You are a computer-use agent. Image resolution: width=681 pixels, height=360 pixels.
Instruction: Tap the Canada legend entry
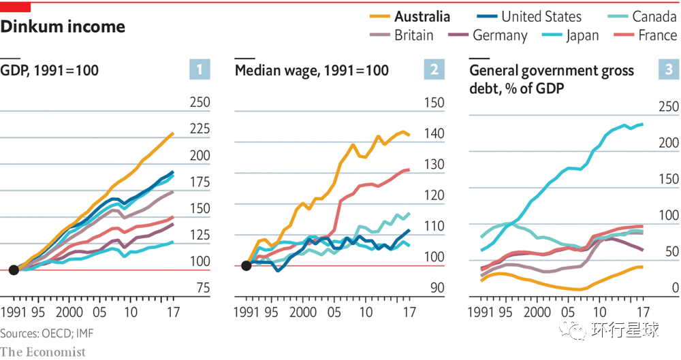tap(644, 16)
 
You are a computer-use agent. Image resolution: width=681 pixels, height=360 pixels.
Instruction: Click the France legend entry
tap(648, 35)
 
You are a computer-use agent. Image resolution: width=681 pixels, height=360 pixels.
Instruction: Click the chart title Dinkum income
tap(63, 27)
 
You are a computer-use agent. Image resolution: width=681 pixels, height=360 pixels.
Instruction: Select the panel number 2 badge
tap(434, 69)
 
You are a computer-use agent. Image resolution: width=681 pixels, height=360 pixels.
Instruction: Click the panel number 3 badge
tap(669, 69)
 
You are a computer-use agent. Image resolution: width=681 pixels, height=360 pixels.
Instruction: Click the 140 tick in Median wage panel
tap(434, 133)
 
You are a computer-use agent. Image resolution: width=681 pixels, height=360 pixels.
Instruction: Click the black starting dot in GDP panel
tap(13, 270)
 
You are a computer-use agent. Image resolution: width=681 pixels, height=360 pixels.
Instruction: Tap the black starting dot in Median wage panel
tap(247, 265)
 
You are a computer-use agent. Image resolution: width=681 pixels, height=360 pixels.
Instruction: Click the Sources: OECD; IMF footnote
tap(39, 333)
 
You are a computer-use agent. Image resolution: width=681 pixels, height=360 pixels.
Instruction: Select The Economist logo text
tap(43, 351)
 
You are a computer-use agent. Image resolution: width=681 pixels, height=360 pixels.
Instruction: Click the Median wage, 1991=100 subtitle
tap(312, 71)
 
